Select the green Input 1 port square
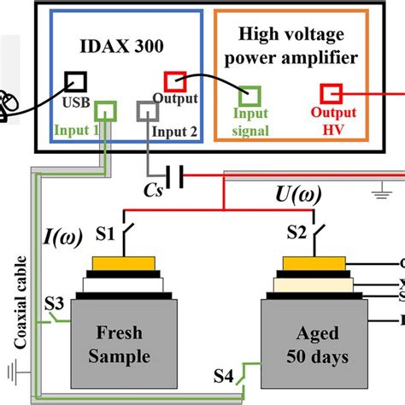[x=104, y=111]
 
